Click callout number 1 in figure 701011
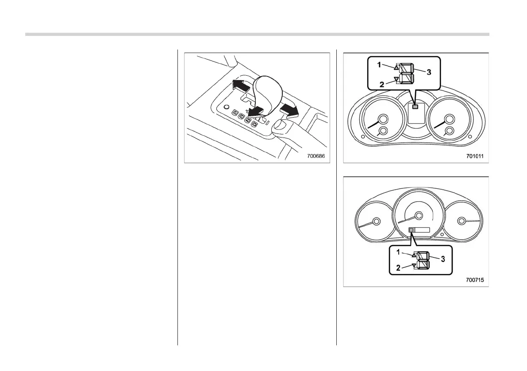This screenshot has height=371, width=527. point(379,65)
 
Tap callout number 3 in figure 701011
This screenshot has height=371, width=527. point(428,72)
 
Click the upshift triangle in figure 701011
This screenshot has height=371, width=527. point(396,68)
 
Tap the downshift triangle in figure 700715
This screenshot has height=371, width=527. point(414,265)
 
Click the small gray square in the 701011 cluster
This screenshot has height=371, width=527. point(415,106)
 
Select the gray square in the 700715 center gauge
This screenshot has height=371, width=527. point(411,230)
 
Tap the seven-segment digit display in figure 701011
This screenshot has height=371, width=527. point(406,73)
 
